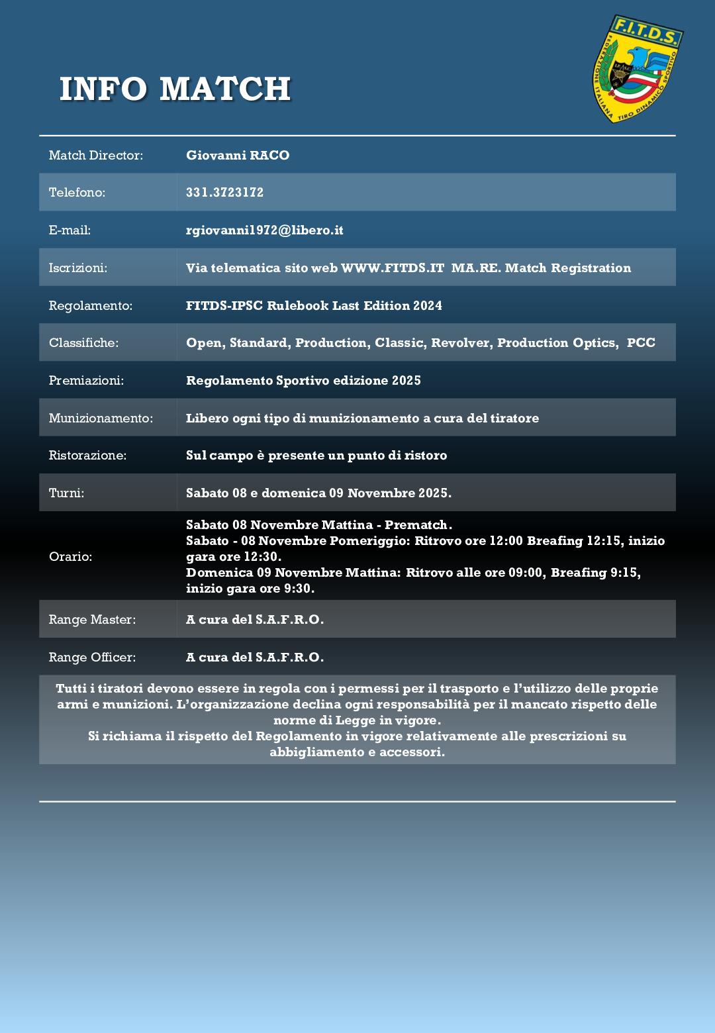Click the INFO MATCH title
click(x=175, y=89)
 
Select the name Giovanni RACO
click(x=238, y=156)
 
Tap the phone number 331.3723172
click(x=224, y=193)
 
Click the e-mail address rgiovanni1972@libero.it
click(x=264, y=230)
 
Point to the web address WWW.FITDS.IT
click(x=393, y=268)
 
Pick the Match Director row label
click(x=96, y=156)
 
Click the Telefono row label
click(x=77, y=193)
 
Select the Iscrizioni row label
click(x=78, y=268)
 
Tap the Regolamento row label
click(x=91, y=306)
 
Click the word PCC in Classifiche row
click(x=641, y=343)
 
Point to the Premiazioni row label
click(x=86, y=381)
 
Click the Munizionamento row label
click(x=101, y=418)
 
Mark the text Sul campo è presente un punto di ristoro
click(x=316, y=456)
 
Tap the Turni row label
click(x=66, y=493)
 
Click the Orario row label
click(x=70, y=557)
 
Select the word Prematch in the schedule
click(x=416, y=525)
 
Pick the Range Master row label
click(x=92, y=620)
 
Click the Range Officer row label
click(x=92, y=658)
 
